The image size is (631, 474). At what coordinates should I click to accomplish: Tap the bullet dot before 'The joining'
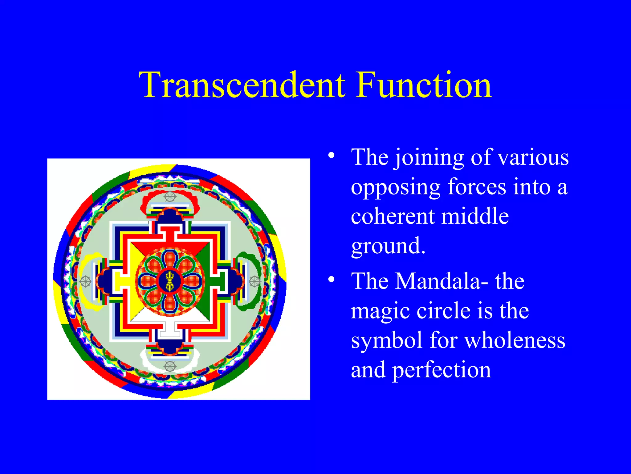pyautogui.click(x=331, y=155)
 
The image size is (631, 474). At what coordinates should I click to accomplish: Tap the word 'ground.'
pyautogui.click(x=388, y=246)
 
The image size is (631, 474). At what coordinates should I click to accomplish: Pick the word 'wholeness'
pyautogui.click(x=515, y=340)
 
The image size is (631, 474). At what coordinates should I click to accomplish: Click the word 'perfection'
pyautogui.click(x=441, y=370)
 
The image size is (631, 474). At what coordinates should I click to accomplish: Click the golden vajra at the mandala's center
pyautogui.click(x=170, y=281)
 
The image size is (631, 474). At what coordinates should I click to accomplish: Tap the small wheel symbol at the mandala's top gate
pyautogui.click(x=170, y=196)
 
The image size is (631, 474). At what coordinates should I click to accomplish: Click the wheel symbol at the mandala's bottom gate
pyautogui.click(x=170, y=366)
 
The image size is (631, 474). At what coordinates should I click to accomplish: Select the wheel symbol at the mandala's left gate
pyautogui.click(x=85, y=281)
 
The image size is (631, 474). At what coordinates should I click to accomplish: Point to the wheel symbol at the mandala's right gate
pyautogui.click(x=254, y=281)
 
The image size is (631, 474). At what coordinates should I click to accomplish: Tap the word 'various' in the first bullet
pyautogui.click(x=533, y=157)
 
